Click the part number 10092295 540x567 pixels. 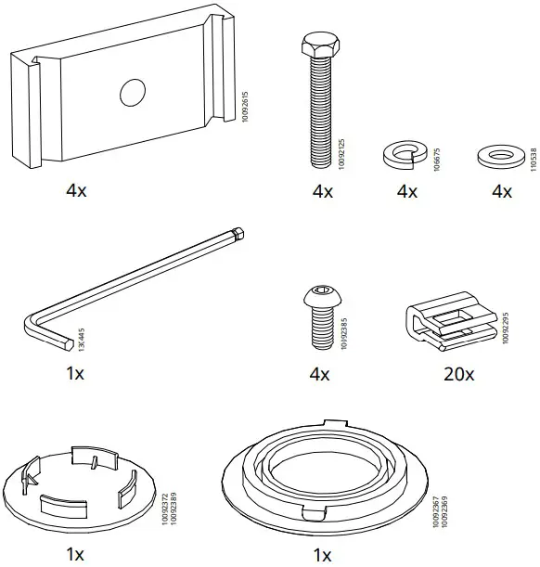506,327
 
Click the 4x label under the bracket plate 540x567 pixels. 75,191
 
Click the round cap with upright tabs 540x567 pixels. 78,482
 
